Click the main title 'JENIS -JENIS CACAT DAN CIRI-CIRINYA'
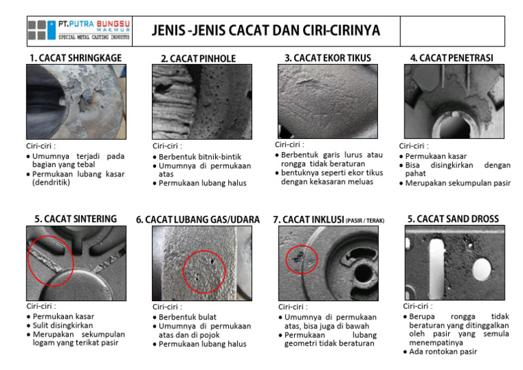tap(265, 31)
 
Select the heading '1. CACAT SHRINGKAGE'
tap(75, 58)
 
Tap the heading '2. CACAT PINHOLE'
tap(198, 59)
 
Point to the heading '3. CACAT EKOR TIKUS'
tap(328, 58)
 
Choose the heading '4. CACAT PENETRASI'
tap(452, 58)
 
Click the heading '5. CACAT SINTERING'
tap(76, 219)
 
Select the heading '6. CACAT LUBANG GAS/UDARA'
tap(198, 219)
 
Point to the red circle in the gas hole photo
tap(204, 271)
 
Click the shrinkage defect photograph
tap(75, 102)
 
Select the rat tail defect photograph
tap(328, 101)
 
